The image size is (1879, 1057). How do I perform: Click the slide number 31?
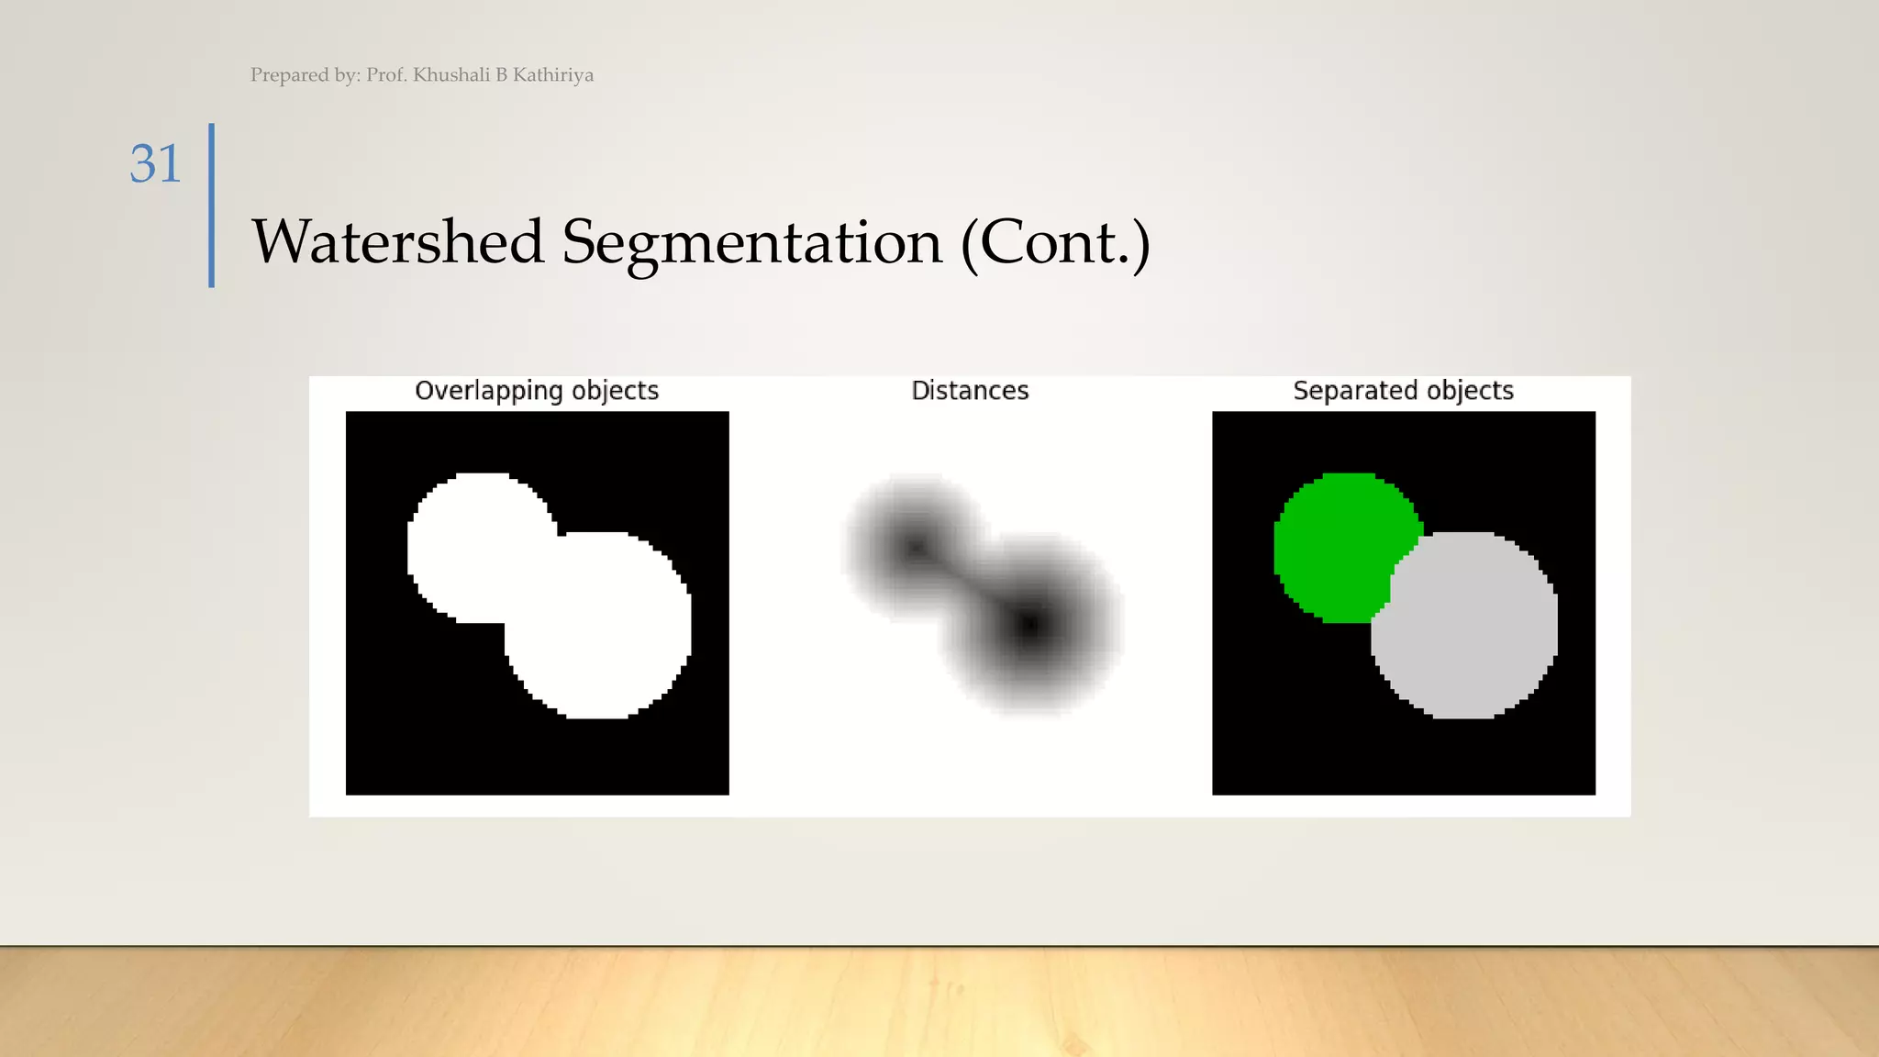click(x=155, y=165)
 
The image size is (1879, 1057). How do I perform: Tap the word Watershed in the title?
click(x=398, y=242)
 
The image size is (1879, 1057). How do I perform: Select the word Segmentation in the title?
click(x=752, y=242)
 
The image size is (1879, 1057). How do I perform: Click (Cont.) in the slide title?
click(x=1055, y=242)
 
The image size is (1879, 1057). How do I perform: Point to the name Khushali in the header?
click(x=451, y=75)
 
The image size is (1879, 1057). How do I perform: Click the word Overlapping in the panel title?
click(x=488, y=391)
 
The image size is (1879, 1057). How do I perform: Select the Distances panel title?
click(x=970, y=391)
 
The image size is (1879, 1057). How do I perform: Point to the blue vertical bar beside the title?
click(x=212, y=206)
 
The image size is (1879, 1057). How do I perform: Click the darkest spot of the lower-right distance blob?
click(x=1029, y=626)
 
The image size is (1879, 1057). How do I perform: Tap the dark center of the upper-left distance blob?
click(x=915, y=548)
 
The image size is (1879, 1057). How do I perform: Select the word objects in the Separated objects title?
click(x=1470, y=391)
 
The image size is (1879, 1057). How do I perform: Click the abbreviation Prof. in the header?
click(x=385, y=75)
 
